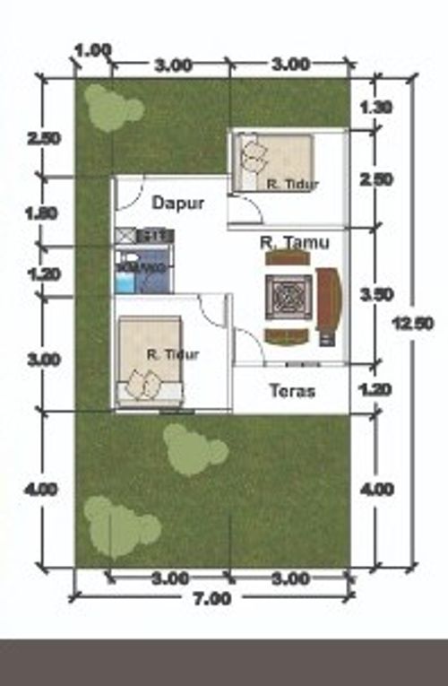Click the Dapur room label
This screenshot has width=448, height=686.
(177, 204)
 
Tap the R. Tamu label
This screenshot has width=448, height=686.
(294, 242)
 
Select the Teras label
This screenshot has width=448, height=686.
(291, 391)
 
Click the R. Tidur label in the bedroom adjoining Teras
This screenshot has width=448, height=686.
(172, 353)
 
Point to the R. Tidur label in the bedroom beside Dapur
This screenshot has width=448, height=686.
(292, 184)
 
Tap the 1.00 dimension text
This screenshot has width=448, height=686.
(93, 50)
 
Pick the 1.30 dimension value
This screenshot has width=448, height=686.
(375, 107)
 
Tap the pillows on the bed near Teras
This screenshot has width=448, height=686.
(142, 384)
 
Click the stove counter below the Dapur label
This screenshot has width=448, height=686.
(143, 236)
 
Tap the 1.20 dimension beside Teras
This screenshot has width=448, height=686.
(375, 389)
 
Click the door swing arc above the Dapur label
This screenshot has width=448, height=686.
(130, 191)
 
